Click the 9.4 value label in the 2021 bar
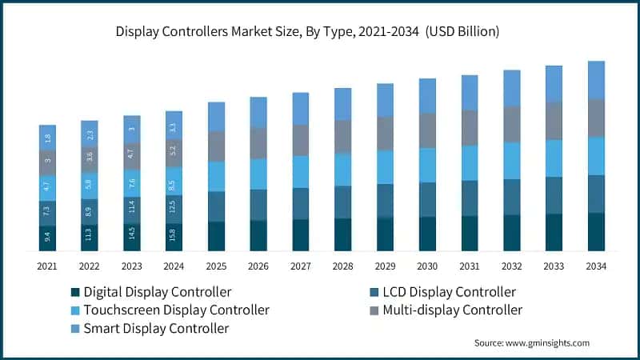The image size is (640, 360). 47,238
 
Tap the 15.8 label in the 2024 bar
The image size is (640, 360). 174,237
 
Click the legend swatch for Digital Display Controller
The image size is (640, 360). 76,292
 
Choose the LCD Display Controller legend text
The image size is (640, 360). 453,292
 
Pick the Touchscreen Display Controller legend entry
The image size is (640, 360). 176,310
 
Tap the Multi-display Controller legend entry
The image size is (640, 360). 453,310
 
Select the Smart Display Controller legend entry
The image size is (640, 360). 156,328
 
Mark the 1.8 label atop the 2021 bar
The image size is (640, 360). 47,138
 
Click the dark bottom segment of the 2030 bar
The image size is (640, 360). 427,234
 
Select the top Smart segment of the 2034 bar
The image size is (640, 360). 595,79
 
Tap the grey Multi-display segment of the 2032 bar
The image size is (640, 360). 511,124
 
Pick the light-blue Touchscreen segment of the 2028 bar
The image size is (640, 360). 342,170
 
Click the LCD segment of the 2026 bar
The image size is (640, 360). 258,205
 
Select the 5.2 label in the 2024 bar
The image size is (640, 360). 174,153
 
